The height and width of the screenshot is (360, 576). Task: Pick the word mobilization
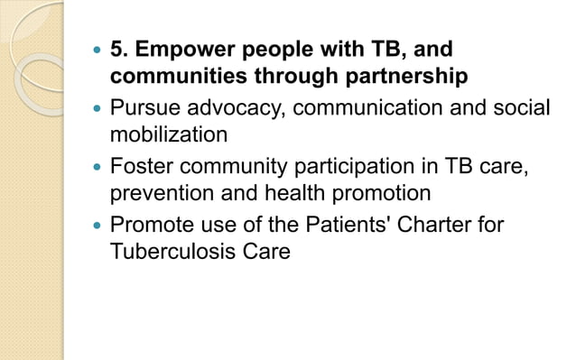(x=168, y=135)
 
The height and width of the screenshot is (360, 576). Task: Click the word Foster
(x=140, y=165)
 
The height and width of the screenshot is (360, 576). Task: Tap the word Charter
(x=430, y=223)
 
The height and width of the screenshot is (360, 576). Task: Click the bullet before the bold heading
(x=98, y=50)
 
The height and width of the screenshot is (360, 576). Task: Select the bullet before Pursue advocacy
(x=98, y=108)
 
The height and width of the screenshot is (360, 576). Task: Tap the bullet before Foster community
(x=98, y=166)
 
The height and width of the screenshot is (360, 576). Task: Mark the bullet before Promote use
(x=98, y=224)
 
